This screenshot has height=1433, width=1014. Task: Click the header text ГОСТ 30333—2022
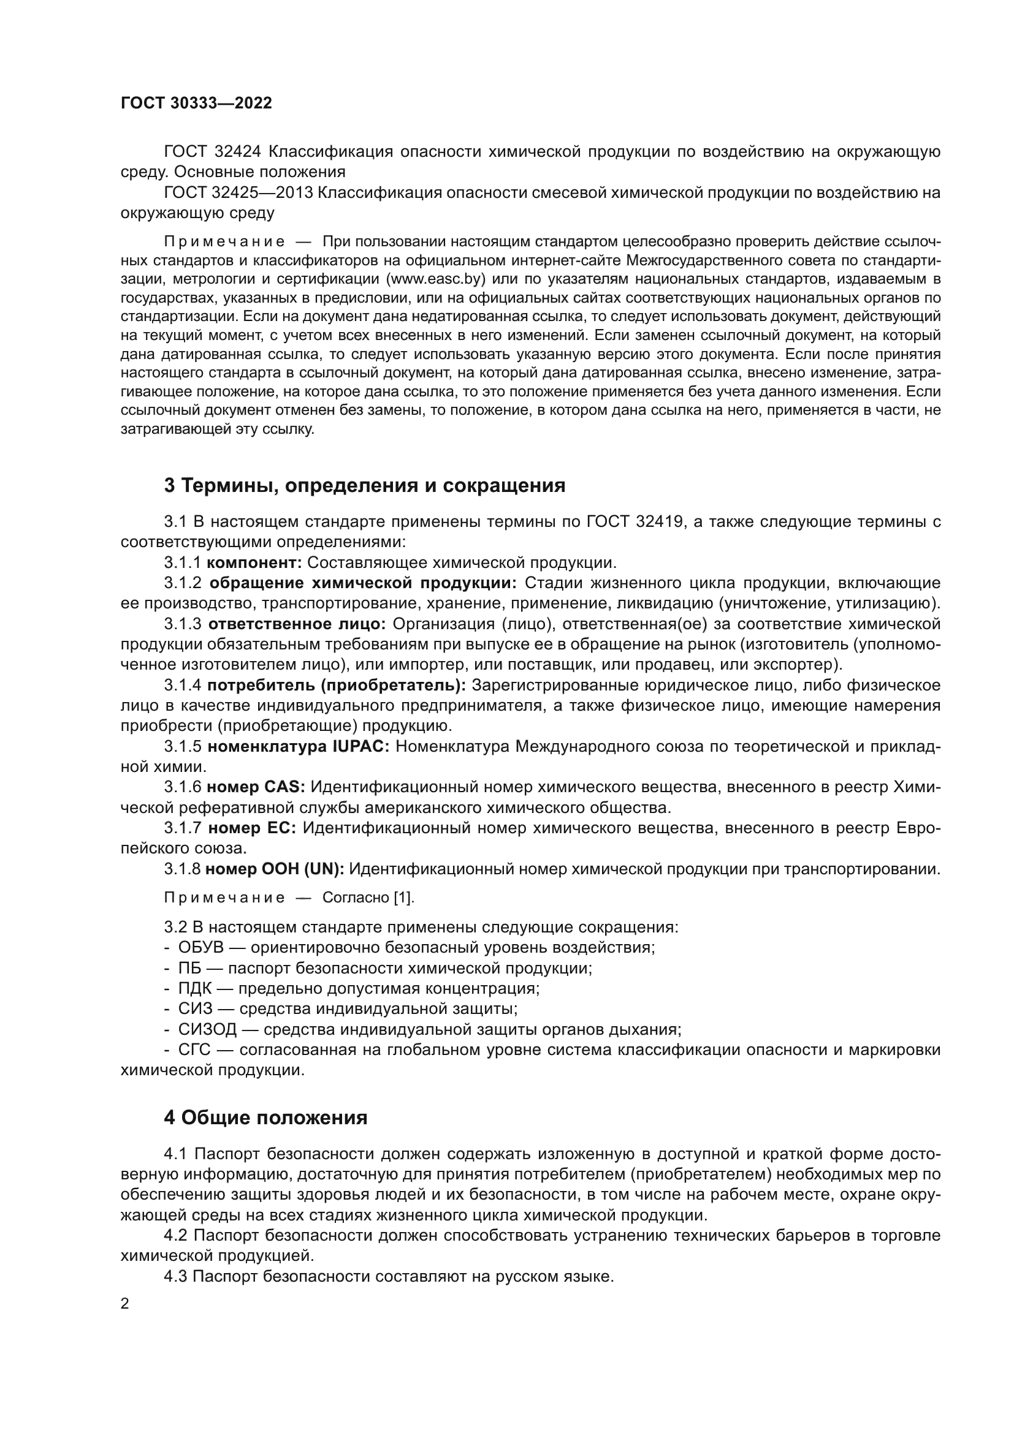coord(196,104)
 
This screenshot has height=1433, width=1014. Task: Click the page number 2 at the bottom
coord(125,1303)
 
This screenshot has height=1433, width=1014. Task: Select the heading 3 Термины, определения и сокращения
coord(364,486)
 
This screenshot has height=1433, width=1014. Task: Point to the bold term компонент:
coord(254,563)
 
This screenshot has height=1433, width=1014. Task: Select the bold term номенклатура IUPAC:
coord(299,747)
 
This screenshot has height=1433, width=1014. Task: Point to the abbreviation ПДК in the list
coord(195,989)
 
